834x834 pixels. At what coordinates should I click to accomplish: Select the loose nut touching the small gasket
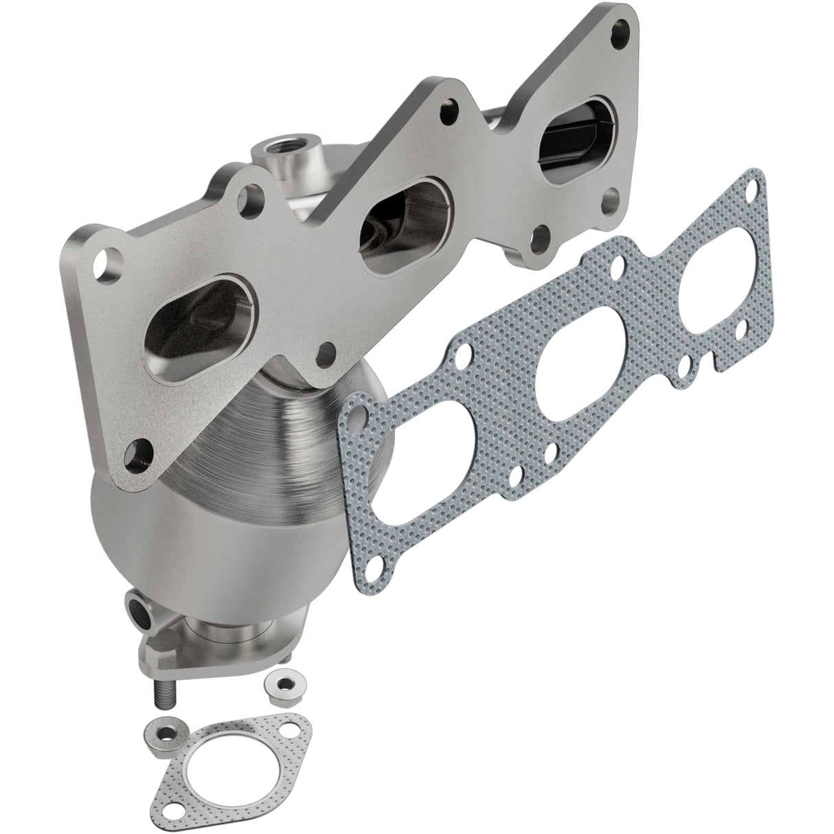(x=161, y=731)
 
